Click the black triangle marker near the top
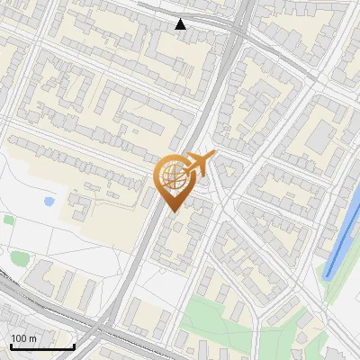click(181, 24)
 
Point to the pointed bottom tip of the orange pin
click(171, 211)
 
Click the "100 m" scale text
click(24, 338)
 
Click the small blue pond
click(47, 202)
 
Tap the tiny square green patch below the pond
click(9, 220)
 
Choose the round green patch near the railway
click(19, 259)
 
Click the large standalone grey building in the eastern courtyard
click(319, 137)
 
